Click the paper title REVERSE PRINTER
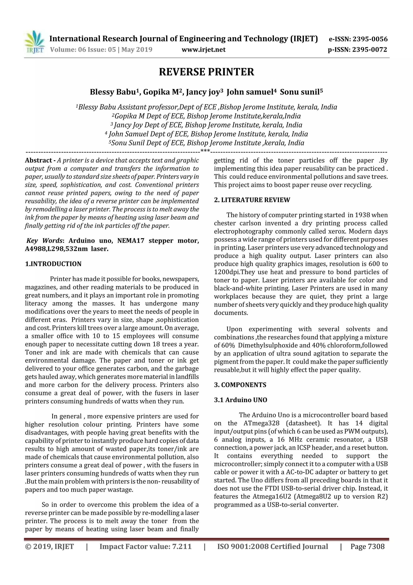pyautogui.click(x=206, y=72)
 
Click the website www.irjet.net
pyautogui.click(x=203, y=50)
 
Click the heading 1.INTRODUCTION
pyautogui.click(x=53, y=264)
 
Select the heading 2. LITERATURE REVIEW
pyautogui.click(x=252, y=200)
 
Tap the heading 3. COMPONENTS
pyautogui.click(x=240, y=385)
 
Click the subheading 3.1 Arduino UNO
pyautogui.click(x=240, y=400)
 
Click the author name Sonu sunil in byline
pyautogui.click(x=299, y=92)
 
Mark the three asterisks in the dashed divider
pyautogui.click(x=205, y=151)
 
